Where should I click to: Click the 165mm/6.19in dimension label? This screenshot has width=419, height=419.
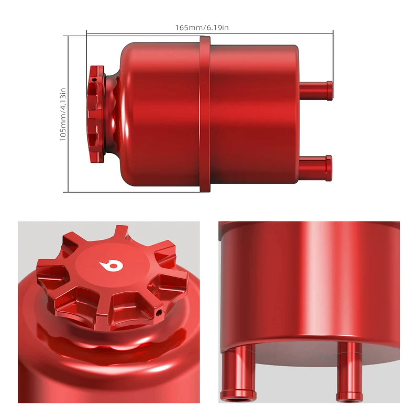coord(202,28)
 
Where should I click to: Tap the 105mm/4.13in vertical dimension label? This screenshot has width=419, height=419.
coord(63,114)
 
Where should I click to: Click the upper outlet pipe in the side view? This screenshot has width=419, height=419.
coord(316,91)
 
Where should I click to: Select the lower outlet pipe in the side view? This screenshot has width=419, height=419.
coord(316,168)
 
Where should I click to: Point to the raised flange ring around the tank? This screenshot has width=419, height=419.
coord(205,114)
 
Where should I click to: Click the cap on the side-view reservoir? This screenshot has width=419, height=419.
coord(96,114)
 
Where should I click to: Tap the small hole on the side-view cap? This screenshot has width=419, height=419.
coord(94,80)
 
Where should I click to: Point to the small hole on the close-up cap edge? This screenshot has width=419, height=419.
coord(160,312)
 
